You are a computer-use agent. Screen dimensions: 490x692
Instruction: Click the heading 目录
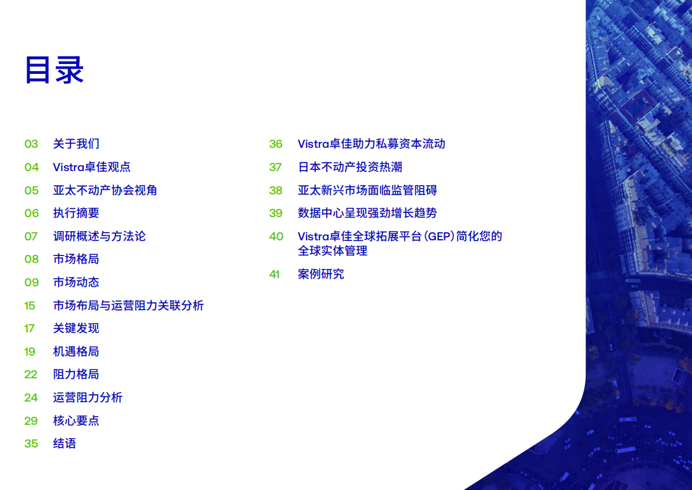click(54, 70)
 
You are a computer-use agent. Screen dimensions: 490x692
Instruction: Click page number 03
click(31, 144)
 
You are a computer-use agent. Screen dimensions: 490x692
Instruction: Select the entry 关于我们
click(76, 144)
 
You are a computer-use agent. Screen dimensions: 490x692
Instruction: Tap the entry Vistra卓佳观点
click(92, 167)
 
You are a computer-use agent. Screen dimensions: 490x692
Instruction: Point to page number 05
click(31, 190)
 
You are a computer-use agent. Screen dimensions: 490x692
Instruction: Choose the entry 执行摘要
click(76, 213)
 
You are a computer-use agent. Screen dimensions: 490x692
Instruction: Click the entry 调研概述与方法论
click(99, 236)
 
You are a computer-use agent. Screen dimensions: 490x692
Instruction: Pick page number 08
click(31, 259)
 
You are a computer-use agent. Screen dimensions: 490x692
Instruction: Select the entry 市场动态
click(76, 282)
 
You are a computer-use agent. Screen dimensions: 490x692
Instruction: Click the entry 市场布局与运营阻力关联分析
click(129, 306)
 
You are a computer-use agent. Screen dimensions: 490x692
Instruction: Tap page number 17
click(30, 328)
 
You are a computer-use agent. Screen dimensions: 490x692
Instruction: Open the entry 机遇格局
click(76, 351)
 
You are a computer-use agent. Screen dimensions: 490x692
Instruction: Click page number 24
click(31, 397)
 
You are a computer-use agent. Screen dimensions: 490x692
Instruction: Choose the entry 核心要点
click(76, 421)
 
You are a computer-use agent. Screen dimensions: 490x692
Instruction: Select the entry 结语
click(65, 443)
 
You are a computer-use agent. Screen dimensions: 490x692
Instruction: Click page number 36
click(276, 144)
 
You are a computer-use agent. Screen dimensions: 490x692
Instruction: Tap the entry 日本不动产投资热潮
click(350, 167)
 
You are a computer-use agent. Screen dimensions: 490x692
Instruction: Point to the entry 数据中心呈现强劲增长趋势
click(368, 213)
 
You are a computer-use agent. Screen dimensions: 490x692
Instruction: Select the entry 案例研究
click(321, 274)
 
